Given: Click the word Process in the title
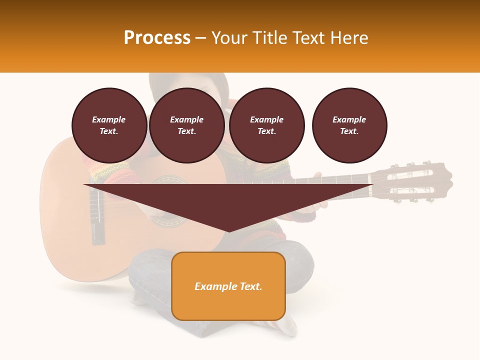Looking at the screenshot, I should click(157, 38).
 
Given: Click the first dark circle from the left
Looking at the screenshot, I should click(109, 125).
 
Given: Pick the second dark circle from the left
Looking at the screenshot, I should click(186, 125).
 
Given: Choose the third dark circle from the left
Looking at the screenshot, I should click(266, 125).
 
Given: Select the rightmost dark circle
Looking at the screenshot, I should click(349, 125).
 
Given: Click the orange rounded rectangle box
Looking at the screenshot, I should click(228, 286).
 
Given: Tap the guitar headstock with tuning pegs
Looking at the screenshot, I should click(415, 181).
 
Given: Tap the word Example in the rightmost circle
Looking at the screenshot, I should click(349, 119).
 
